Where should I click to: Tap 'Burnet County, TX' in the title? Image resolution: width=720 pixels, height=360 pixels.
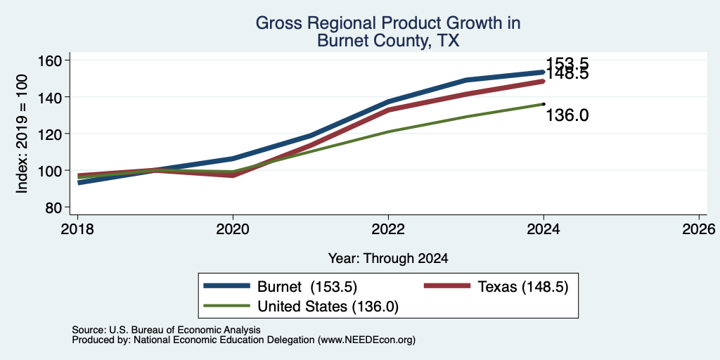click(388, 41)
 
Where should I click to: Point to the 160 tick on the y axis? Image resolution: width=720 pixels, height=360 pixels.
click(55, 60)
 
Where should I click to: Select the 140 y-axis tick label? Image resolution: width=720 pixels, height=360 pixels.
click(55, 97)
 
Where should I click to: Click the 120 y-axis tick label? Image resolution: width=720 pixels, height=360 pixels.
click(55, 134)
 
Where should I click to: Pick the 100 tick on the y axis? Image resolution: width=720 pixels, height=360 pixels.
click(55, 171)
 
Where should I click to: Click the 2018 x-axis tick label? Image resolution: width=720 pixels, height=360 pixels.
click(77, 229)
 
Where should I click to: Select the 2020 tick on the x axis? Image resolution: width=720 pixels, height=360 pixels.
click(233, 229)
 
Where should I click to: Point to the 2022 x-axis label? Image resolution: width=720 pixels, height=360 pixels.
click(388, 229)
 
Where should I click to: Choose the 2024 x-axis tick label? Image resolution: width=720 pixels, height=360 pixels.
click(544, 229)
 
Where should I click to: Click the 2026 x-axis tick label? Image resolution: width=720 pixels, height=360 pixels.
click(699, 229)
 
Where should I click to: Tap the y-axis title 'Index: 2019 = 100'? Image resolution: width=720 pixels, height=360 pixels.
click(22, 134)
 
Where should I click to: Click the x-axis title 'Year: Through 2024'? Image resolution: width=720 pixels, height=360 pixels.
click(388, 259)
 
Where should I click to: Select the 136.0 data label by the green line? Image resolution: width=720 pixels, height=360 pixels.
click(567, 115)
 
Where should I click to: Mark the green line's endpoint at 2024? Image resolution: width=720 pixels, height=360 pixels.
click(544, 104)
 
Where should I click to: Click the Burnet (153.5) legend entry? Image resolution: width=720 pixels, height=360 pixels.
click(281, 287)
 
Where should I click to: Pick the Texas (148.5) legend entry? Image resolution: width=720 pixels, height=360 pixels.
click(496, 287)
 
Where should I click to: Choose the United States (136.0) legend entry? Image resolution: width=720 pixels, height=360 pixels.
click(301, 307)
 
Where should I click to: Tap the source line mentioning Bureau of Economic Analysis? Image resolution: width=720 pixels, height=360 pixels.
click(166, 330)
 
